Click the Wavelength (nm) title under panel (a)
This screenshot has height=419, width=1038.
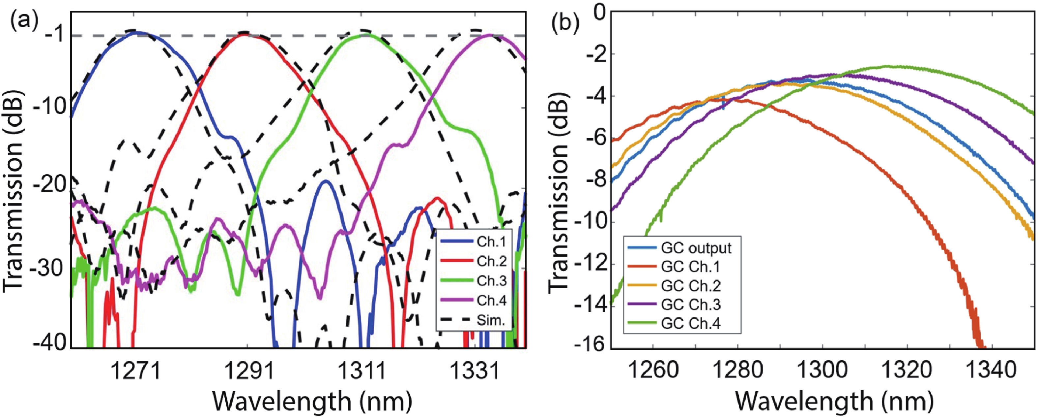312,401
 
